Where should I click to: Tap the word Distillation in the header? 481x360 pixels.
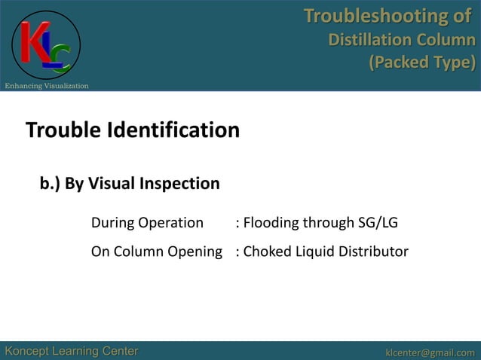tap(367, 39)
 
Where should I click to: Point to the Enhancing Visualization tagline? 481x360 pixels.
tap(47, 86)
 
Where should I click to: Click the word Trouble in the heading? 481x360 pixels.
tap(64, 130)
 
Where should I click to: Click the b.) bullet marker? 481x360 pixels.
tap(50, 184)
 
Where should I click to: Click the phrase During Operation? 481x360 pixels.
tap(147, 223)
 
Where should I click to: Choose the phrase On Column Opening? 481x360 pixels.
tap(156, 252)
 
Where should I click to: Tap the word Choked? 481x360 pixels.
tap(265, 252)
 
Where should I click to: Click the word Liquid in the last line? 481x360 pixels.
tap(313, 252)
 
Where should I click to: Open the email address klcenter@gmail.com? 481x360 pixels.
tap(430, 352)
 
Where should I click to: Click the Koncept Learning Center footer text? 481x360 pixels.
tap(72, 351)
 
